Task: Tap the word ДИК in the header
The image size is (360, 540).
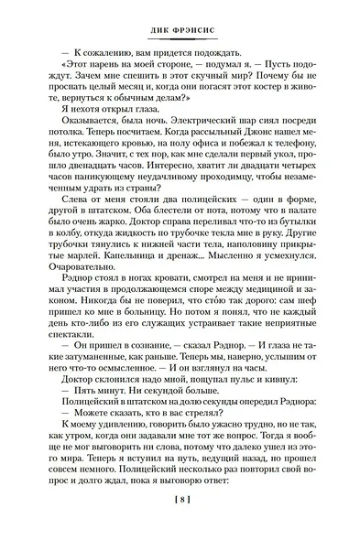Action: (159, 27)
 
